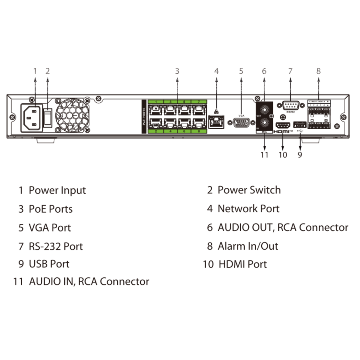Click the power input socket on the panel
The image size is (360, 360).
point(31,118)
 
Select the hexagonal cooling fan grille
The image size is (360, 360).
point(72,115)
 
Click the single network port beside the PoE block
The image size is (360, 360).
point(216,122)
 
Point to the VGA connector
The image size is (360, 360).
point(241,123)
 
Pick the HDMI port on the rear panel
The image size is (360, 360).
point(283,125)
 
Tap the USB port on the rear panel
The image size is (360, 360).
point(299,124)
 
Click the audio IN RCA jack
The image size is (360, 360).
point(264,123)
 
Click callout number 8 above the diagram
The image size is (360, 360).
point(318,71)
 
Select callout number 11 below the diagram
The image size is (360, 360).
point(264,155)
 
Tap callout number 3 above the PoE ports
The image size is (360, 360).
point(177,71)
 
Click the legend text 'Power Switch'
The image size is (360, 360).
point(249,190)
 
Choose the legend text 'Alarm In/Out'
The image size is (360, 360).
point(248,246)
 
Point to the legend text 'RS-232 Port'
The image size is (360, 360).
point(55,246)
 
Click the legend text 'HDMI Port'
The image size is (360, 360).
point(242,264)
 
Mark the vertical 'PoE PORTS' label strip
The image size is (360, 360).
point(144,117)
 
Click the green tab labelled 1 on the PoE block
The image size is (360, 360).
point(156,102)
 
